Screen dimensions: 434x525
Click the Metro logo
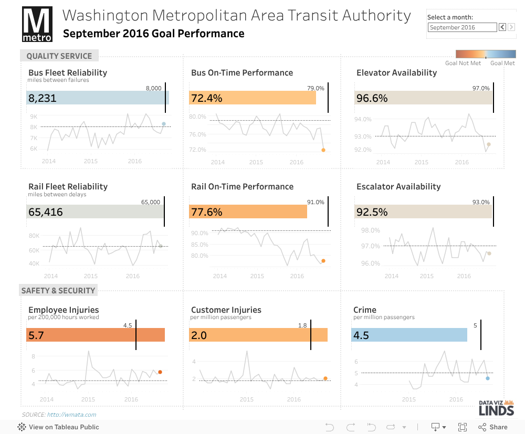coord(37,25)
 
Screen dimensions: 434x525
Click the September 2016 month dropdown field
coord(462,27)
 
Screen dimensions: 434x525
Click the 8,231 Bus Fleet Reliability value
coord(43,98)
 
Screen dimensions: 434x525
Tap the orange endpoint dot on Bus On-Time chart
coord(323,150)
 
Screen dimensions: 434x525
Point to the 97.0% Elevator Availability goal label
coord(481,88)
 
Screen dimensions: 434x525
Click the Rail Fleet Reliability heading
coord(68,186)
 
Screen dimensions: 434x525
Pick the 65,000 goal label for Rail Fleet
coord(151,202)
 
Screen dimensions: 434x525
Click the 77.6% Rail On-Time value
coord(206,212)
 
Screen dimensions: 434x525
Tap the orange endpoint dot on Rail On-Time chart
coord(323,261)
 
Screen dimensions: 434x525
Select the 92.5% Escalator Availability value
coord(372,212)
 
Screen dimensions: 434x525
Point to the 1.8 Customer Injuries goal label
coord(302,325)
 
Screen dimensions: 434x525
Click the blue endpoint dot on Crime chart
coord(488,378)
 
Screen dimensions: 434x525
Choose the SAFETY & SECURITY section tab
coord(58,290)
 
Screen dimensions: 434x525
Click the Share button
coord(493,427)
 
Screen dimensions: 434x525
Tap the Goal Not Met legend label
coord(463,63)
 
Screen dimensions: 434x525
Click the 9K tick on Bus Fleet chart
coord(34,117)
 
